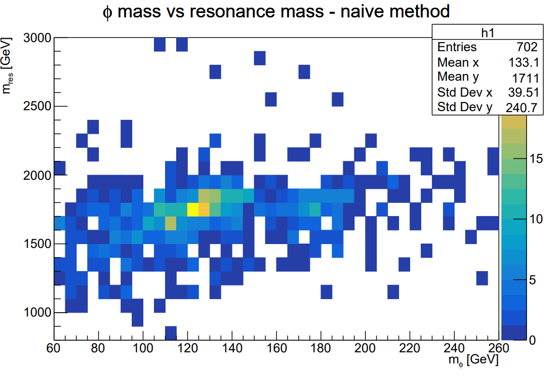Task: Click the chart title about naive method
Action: [x=276, y=12]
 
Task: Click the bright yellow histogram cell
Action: [x=193, y=209]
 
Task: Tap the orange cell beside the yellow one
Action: [x=204, y=209]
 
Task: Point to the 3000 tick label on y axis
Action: [x=37, y=38]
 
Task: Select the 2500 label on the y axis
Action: [x=37, y=106]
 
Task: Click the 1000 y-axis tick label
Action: [x=37, y=312]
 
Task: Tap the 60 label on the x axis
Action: [x=54, y=348]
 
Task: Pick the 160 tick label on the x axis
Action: [x=277, y=348]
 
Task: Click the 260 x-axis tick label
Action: [x=498, y=348]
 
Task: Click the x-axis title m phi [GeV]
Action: [x=473, y=361]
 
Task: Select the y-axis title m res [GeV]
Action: [x=7, y=65]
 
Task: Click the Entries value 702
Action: [x=527, y=47]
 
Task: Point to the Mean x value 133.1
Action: [x=524, y=63]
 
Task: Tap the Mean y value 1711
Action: [x=526, y=78]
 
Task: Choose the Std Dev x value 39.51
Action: [x=524, y=92]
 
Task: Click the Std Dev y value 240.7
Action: [x=522, y=107]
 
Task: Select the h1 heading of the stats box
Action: [x=487, y=33]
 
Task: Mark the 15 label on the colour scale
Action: [x=536, y=159]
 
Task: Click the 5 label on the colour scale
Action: [x=533, y=280]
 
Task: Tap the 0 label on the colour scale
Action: [x=532, y=340]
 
